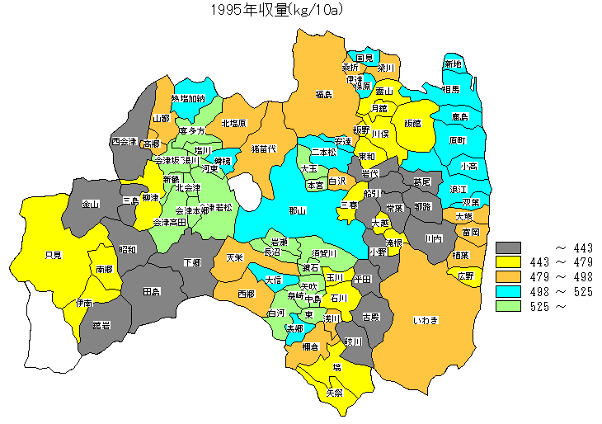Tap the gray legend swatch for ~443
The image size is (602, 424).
tap(509, 247)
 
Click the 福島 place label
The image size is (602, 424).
tap(323, 96)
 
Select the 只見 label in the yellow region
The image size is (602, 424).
tap(53, 255)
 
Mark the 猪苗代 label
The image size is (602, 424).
tap(263, 149)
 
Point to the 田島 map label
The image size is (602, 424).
tap(152, 293)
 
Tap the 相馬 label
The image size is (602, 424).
tap(451, 88)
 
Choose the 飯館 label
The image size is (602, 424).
tap(412, 124)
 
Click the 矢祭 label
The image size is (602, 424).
tap(336, 393)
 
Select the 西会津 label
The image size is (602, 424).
tap(124, 142)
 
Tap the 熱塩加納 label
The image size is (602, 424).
tap(188, 99)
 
